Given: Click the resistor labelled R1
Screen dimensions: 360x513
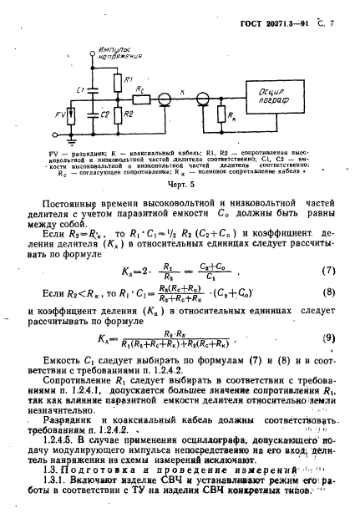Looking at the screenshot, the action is coord(116,82).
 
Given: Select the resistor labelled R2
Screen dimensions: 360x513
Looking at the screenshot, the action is coord(116,113).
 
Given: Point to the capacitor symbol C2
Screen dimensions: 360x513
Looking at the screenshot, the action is coord(93,113).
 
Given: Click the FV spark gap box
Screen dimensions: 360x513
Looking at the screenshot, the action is coord(71,114).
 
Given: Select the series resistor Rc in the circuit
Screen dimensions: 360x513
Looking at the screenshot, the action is coord(143,99).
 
